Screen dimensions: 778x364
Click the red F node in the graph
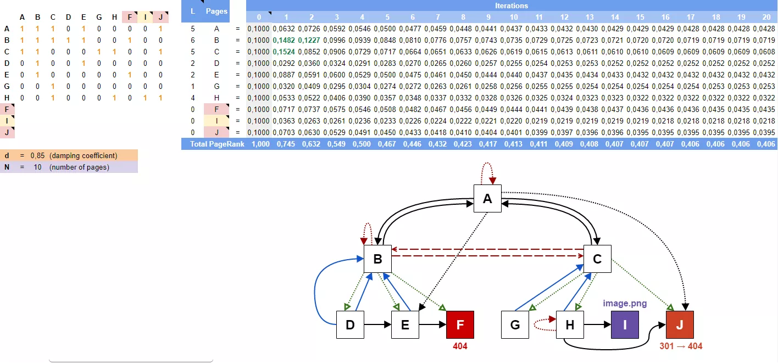click(460, 324)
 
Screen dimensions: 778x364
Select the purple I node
click(625, 324)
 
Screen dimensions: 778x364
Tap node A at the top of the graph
click(487, 199)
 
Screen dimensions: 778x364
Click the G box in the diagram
click(515, 324)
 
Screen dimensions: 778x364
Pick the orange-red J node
click(680, 324)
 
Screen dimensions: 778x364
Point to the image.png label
click(625, 303)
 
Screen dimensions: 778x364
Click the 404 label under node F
click(460, 346)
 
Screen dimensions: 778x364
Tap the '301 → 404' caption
click(681, 346)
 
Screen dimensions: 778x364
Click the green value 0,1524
click(284, 52)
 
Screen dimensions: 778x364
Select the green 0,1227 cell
click(309, 40)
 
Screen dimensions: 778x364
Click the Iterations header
click(512, 5)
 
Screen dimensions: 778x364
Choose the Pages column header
click(216, 11)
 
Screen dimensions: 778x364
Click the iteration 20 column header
click(766, 17)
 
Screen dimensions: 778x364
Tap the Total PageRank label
click(217, 144)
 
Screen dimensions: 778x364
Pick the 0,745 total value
click(286, 144)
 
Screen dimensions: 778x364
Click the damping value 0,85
click(37, 155)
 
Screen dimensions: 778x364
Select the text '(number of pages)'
click(79, 167)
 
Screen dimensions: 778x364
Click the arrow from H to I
click(597, 324)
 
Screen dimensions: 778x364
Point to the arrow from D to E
click(377, 324)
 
